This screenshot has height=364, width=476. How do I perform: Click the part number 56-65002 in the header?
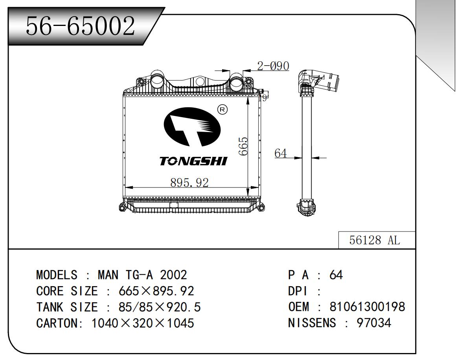[80, 26]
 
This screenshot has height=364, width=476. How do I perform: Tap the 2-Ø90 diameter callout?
[273, 66]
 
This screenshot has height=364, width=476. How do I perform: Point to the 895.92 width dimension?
[189, 182]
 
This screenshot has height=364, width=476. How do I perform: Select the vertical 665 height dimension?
[243, 146]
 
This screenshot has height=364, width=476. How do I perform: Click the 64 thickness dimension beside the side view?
[280, 153]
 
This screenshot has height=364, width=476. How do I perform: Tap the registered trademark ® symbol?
[222, 110]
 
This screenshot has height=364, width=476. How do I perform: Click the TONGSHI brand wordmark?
[193, 161]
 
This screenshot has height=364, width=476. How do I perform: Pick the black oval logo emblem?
[192, 127]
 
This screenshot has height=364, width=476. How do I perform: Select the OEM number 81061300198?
[367, 307]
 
